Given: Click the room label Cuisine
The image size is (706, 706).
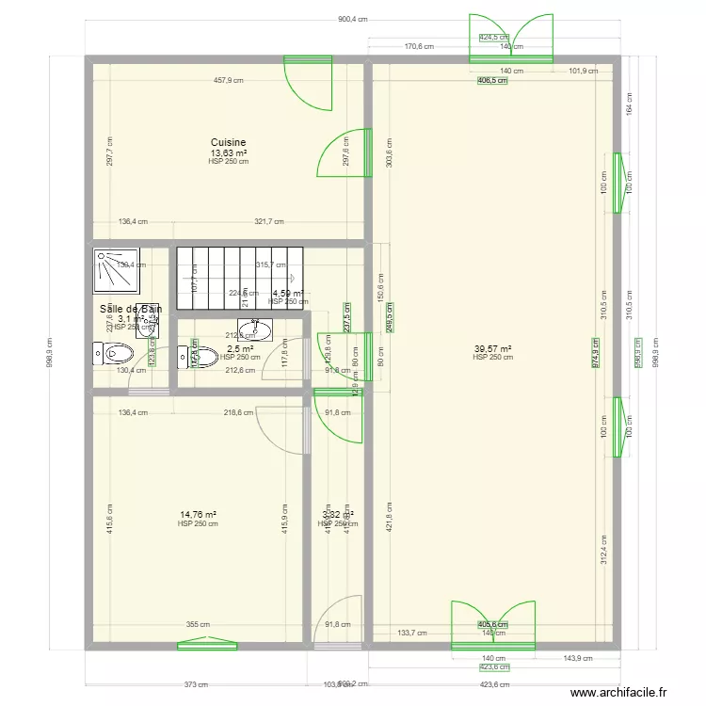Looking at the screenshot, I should [x=229, y=143].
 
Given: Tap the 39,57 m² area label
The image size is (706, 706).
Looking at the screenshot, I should [x=493, y=348].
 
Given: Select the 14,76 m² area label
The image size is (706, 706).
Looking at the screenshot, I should [x=198, y=515].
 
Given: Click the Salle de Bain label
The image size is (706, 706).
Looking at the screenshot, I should [x=130, y=309].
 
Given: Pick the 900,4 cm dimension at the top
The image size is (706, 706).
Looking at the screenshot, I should [x=352, y=20].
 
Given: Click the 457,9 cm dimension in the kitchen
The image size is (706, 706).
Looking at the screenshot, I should [x=229, y=81].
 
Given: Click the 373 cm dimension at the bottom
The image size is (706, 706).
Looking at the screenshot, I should [x=197, y=685].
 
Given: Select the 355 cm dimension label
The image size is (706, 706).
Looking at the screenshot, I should [x=197, y=623].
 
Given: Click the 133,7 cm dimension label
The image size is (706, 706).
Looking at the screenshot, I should [x=412, y=634].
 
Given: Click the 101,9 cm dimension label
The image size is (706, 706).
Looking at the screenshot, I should [x=584, y=71].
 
